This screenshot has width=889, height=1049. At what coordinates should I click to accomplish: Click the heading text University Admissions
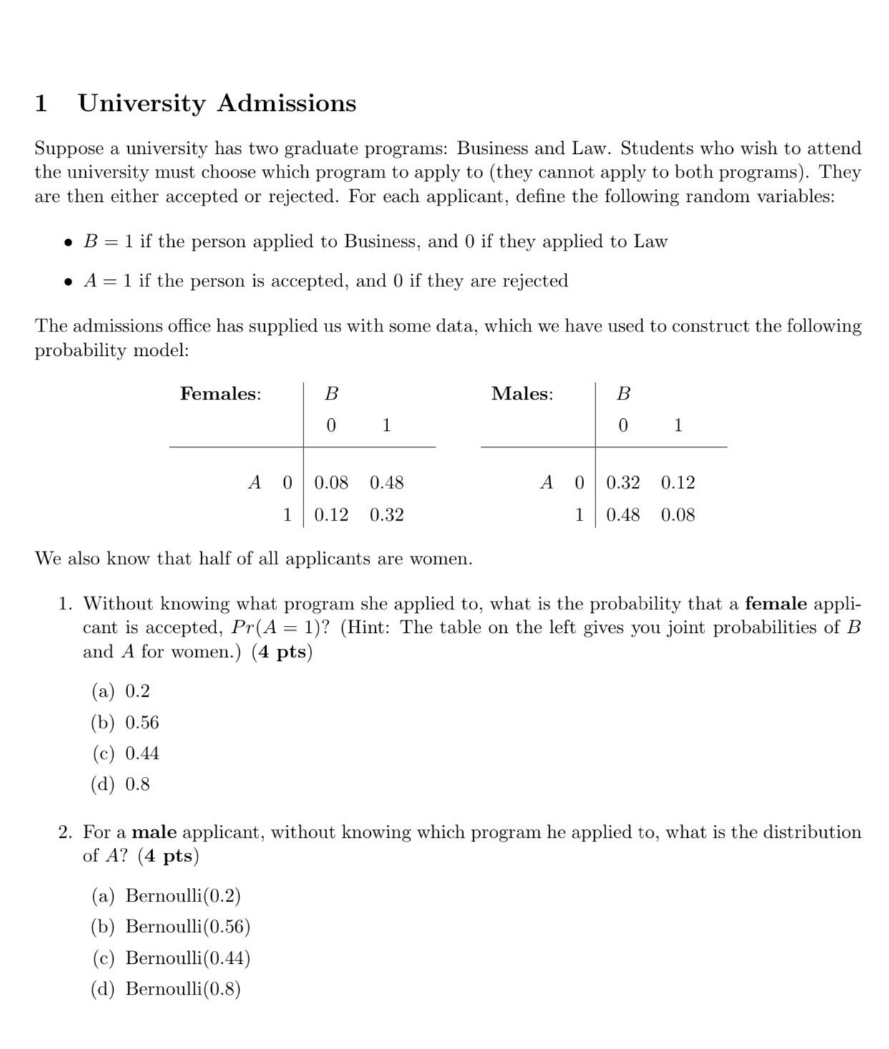[216, 103]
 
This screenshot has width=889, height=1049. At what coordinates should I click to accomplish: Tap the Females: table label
[220, 394]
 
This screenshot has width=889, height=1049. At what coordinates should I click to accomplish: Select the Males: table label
[522, 394]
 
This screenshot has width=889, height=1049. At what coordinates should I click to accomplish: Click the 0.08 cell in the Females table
[331, 483]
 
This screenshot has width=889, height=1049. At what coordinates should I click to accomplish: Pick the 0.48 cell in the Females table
[387, 483]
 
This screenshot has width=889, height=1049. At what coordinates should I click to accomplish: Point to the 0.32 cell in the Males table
[623, 483]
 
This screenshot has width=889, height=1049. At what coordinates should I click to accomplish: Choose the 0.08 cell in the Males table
[678, 515]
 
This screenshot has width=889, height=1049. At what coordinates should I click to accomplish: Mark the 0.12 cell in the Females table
[331, 515]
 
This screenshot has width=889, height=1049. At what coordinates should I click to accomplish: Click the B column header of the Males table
[623, 394]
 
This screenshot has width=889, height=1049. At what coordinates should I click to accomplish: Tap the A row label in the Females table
[254, 483]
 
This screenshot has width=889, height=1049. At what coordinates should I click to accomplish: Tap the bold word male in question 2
[155, 832]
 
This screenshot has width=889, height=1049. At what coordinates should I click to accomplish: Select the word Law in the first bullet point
[651, 242]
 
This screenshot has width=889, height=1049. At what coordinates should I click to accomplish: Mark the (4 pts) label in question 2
[168, 856]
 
